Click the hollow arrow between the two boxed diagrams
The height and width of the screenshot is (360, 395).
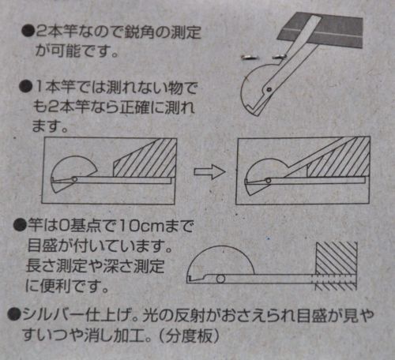210,171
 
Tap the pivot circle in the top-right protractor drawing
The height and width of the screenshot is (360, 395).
269,90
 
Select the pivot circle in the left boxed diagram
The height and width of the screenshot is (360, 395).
74,179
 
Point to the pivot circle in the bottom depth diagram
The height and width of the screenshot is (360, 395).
220,279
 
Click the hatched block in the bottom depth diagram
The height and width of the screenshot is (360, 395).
337,266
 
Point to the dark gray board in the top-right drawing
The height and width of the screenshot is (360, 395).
321,30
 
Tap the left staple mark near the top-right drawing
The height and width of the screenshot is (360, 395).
249,58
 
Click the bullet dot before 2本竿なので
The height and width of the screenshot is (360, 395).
28,32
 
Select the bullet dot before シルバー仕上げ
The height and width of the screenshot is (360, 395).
14,314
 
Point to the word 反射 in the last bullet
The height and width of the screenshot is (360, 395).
189,315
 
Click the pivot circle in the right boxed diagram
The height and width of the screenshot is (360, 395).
269,181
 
